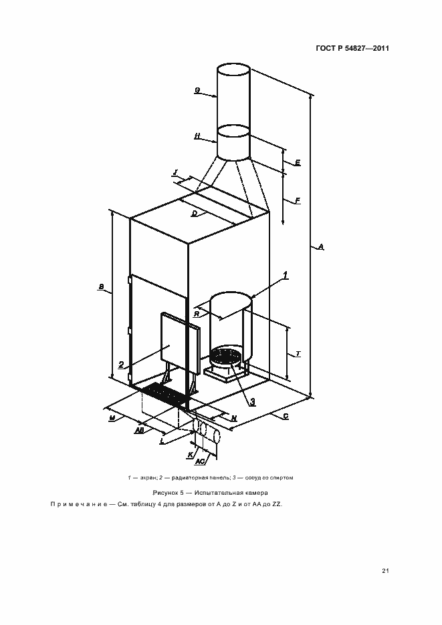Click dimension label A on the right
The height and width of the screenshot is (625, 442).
[x=321, y=247]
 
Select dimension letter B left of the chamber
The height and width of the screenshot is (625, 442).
[x=101, y=288]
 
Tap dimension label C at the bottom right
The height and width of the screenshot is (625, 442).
[x=285, y=416]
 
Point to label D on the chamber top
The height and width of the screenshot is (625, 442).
[x=194, y=214]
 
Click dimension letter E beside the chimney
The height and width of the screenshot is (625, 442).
[x=297, y=162]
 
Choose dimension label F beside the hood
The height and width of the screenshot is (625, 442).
[x=297, y=200]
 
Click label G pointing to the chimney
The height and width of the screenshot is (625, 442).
[x=197, y=89]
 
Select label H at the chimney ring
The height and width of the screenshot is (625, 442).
[x=197, y=136]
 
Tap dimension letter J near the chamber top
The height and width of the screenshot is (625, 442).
[x=175, y=172]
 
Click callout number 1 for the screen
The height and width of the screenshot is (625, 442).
[x=285, y=275]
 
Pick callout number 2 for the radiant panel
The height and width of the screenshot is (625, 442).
[x=121, y=365]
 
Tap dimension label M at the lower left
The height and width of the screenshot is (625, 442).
[x=112, y=417]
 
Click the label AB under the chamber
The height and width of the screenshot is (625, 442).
[x=139, y=431]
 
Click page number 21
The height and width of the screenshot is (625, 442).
[x=385, y=570]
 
